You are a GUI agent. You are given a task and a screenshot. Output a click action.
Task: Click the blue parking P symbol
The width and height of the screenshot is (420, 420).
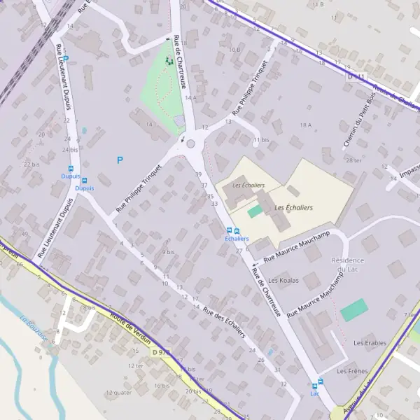point(120,160)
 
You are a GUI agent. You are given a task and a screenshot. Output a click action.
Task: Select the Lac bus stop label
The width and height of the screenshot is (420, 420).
point(315,393)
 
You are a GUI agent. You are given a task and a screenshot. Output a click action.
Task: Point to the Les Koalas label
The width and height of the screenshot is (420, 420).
point(283,280)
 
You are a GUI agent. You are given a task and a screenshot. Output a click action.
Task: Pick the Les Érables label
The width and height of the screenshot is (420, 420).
point(370,343)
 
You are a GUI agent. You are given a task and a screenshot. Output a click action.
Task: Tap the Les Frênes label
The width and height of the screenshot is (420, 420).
point(353,370)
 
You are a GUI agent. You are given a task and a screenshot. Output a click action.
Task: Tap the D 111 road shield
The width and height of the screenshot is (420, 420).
point(356,76)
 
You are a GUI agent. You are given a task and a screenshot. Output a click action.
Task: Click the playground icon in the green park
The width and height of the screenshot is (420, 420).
point(168,61)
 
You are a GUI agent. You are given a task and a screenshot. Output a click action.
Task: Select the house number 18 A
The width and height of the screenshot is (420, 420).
point(305,125)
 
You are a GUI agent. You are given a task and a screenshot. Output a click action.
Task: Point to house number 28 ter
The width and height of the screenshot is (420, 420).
point(353,160)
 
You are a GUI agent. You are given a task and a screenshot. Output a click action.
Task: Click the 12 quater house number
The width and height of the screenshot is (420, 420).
point(118,393)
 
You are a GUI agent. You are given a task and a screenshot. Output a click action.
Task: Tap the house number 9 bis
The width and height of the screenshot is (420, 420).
point(168,252)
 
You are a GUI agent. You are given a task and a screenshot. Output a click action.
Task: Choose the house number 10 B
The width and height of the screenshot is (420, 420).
point(234,50)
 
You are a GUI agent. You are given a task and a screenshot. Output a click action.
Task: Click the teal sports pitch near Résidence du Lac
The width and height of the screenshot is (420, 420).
point(353,310)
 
